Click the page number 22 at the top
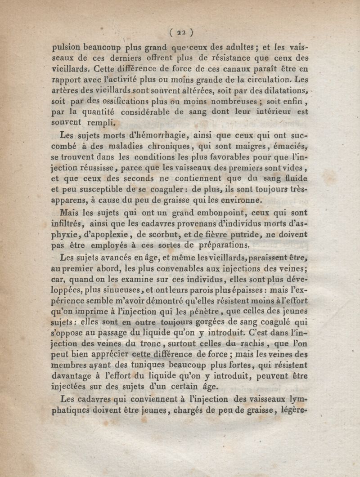pyautogui.click(x=182, y=32)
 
